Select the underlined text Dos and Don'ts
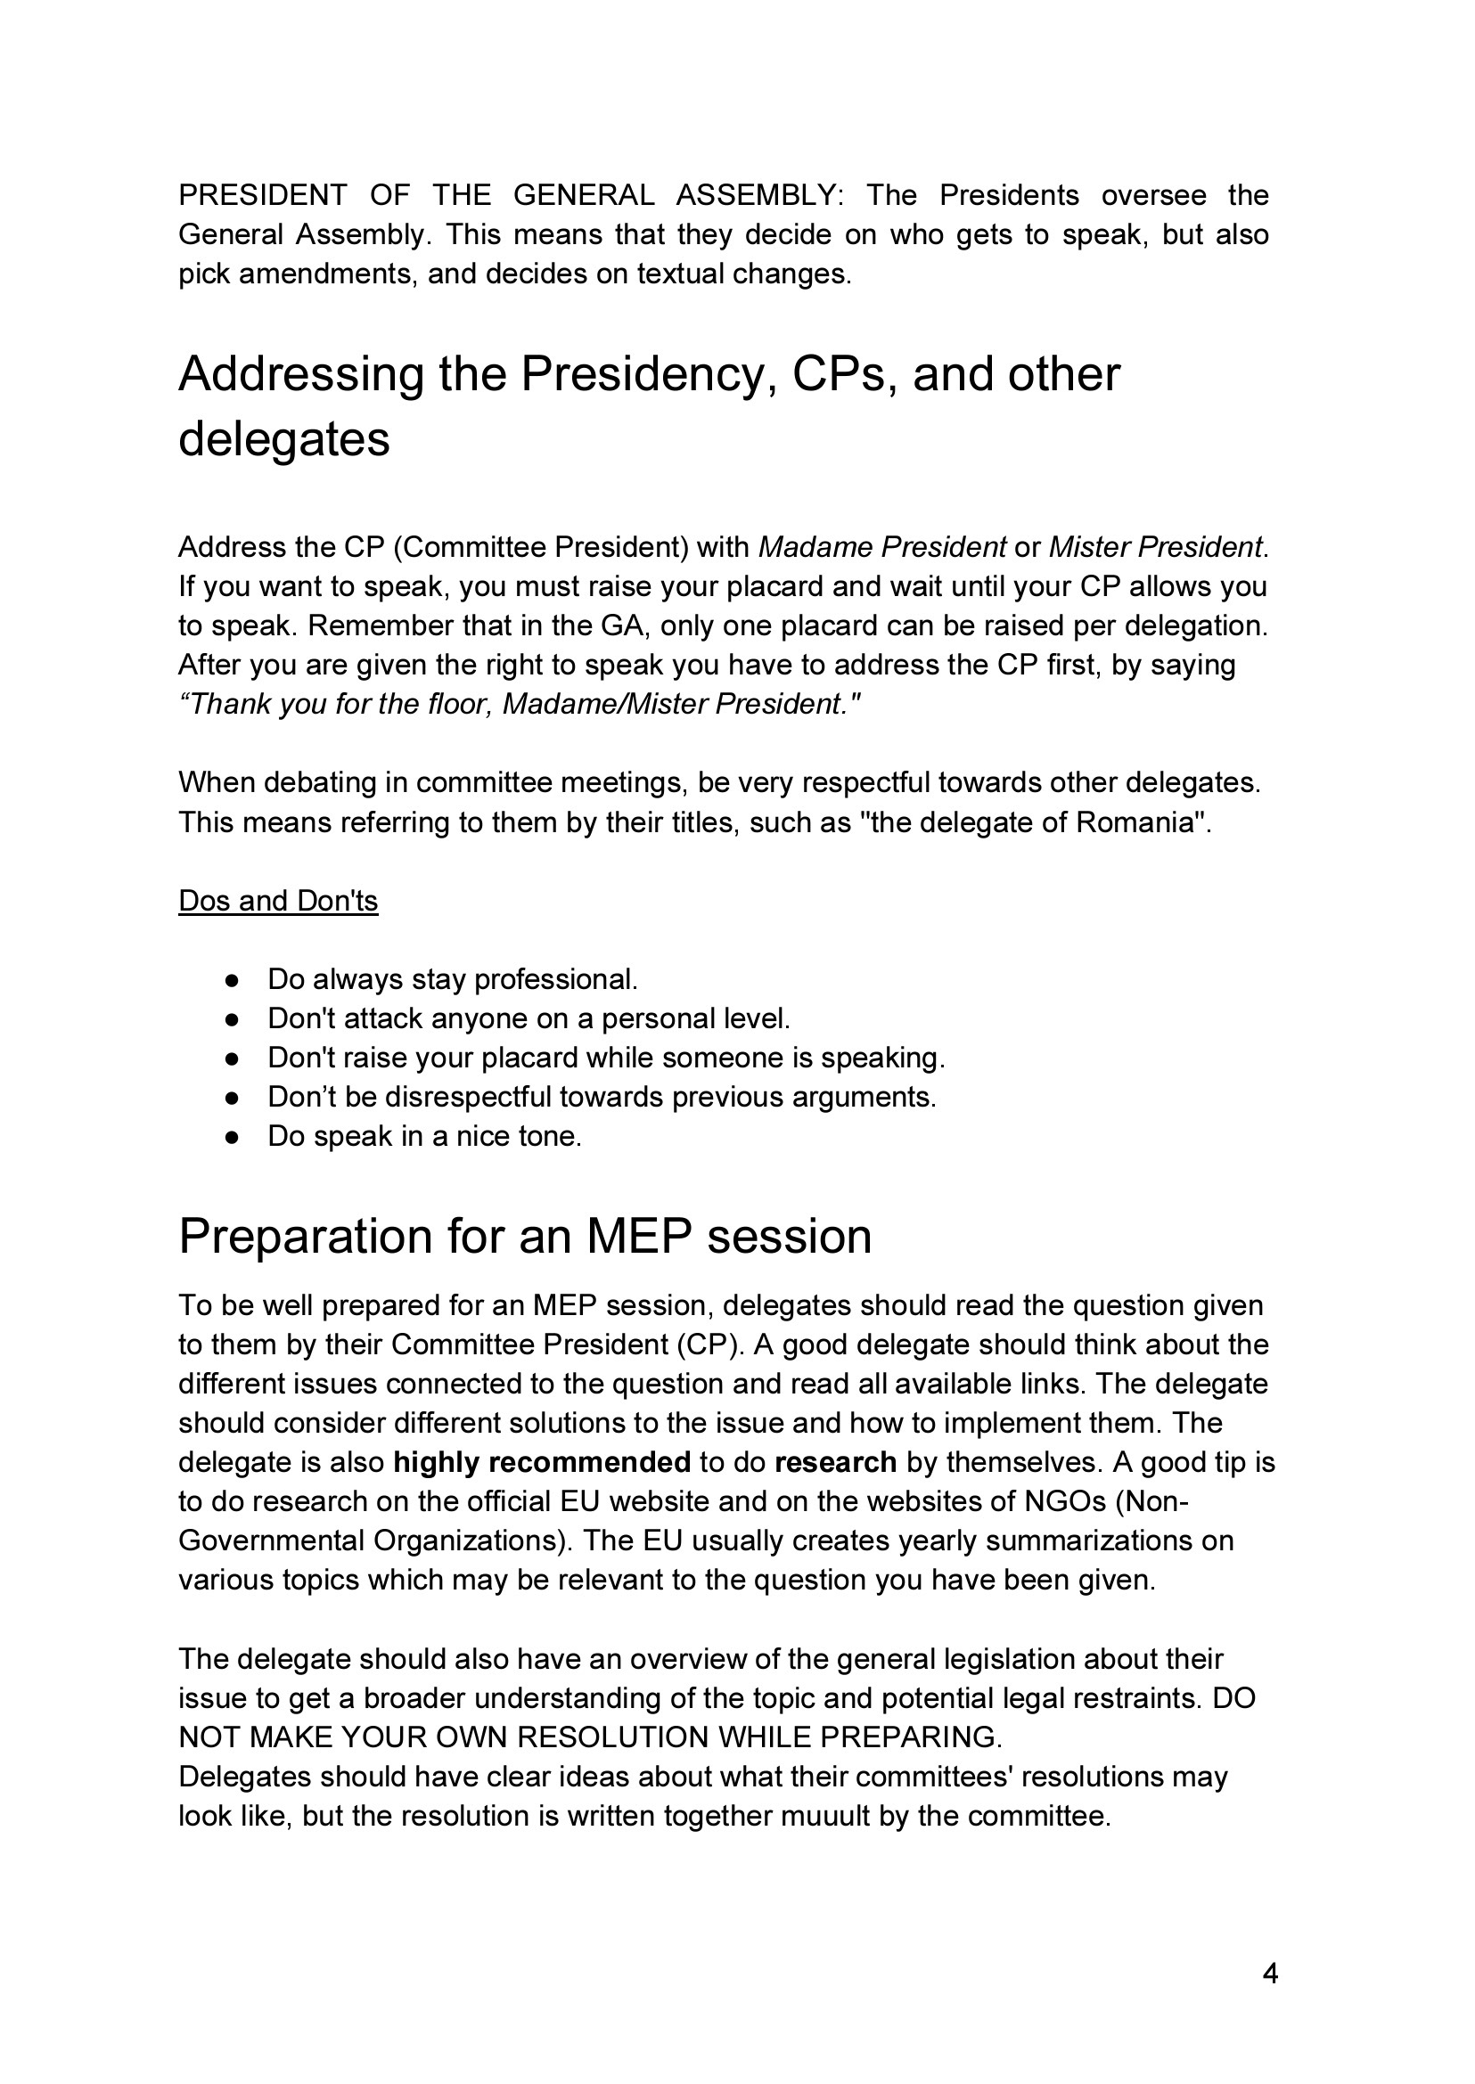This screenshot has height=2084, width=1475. [x=278, y=901]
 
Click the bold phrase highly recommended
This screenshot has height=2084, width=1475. [x=542, y=1463]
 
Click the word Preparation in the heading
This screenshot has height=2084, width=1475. [x=305, y=1237]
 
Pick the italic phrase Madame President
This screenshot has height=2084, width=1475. [x=882, y=548]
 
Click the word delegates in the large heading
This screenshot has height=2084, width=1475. [x=284, y=439]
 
